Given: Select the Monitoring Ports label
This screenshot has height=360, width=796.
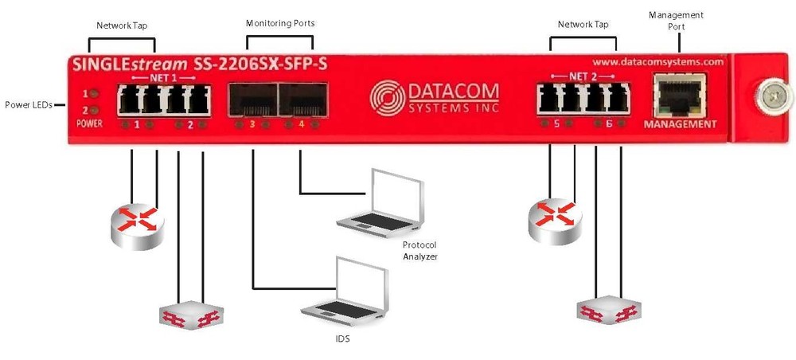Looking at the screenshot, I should click(279, 23).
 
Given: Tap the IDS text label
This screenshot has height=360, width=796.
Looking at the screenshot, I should click(342, 339).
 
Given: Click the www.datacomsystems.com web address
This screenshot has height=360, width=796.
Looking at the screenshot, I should click(657, 61).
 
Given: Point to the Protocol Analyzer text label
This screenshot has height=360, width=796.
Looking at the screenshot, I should click(419, 250).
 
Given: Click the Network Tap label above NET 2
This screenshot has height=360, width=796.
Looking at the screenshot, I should click(583, 25).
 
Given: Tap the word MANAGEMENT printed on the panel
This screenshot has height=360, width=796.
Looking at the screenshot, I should click(680, 125).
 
